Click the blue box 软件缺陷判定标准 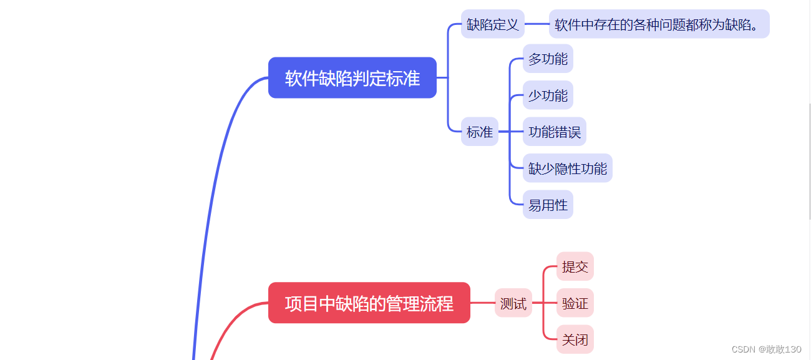point(352,78)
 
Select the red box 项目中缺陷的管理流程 point(369,303)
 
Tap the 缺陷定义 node point(492,24)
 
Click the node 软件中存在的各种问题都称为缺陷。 point(659,24)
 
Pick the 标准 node point(479,132)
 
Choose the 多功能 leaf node point(548,59)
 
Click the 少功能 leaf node point(548,95)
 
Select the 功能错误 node point(554,132)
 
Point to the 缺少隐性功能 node point(567,168)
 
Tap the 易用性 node point(548,205)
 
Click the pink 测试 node point(513,304)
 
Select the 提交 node point(575,267)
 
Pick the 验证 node point(575,304)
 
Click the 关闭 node point(575,340)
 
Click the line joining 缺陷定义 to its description point(537,24)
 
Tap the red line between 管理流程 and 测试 point(482,303)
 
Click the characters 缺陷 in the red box point(352,304)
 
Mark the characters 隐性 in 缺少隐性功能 point(567,168)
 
